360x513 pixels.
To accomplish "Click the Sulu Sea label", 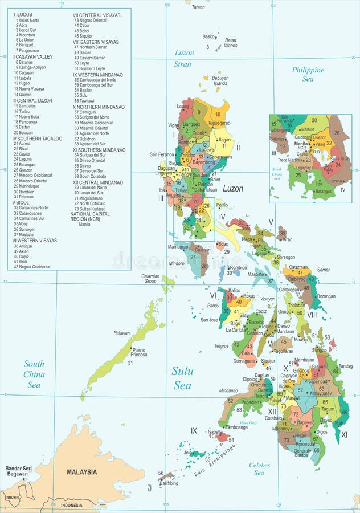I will click(x=182, y=378).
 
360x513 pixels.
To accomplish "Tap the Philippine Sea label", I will click(x=308, y=75).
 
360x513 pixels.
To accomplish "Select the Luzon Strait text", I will click(x=183, y=58).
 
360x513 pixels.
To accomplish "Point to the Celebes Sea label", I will click(x=259, y=469).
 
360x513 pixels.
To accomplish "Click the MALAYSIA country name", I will click(x=81, y=472).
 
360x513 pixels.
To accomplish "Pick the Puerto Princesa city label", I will click(x=139, y=352).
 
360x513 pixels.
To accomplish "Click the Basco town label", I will click(x=209, y=36).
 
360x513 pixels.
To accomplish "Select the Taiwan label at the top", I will click(x=198, y=7).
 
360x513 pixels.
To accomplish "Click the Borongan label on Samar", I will click(x=326, y=296).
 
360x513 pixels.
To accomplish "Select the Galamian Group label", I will click(x=150, y=278).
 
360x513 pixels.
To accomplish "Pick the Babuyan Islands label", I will click(x=220, y=80).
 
